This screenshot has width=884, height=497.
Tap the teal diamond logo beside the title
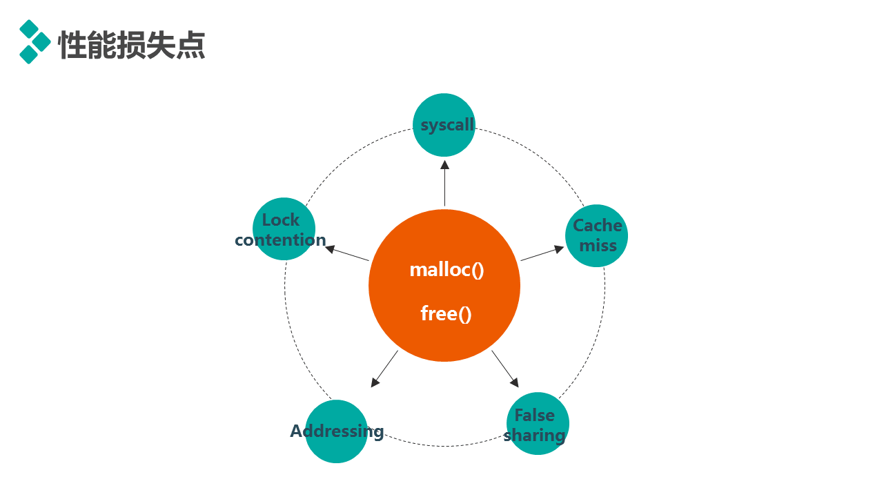coord(35,41)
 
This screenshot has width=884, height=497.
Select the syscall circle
coord(444,125)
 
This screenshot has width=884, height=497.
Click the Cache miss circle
coord(596,236)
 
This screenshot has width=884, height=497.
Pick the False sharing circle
coord(538,424)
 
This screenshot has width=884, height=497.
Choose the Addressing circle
coord(337,431)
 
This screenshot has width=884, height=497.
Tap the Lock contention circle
coord(284,229)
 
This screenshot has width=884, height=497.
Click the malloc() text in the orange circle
coord(446,269)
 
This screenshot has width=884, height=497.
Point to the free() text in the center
coord(446,313)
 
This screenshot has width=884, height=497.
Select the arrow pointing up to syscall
coord(445,184)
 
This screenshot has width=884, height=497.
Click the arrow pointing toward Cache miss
coord(542,253)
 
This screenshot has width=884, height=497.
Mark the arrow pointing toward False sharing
coord(505,369)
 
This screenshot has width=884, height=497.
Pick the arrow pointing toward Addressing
coord(384,369)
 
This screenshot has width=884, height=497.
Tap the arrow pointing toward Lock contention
coord(347,253)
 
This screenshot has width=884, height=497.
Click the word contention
coord(280,240)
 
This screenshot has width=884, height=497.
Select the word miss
coord(598,246)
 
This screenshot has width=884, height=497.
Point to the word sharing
coord(535,435)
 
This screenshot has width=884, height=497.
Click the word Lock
coord(281,220)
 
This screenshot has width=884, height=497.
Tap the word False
coord(535,415)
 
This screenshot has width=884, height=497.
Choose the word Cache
coord(598,226)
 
